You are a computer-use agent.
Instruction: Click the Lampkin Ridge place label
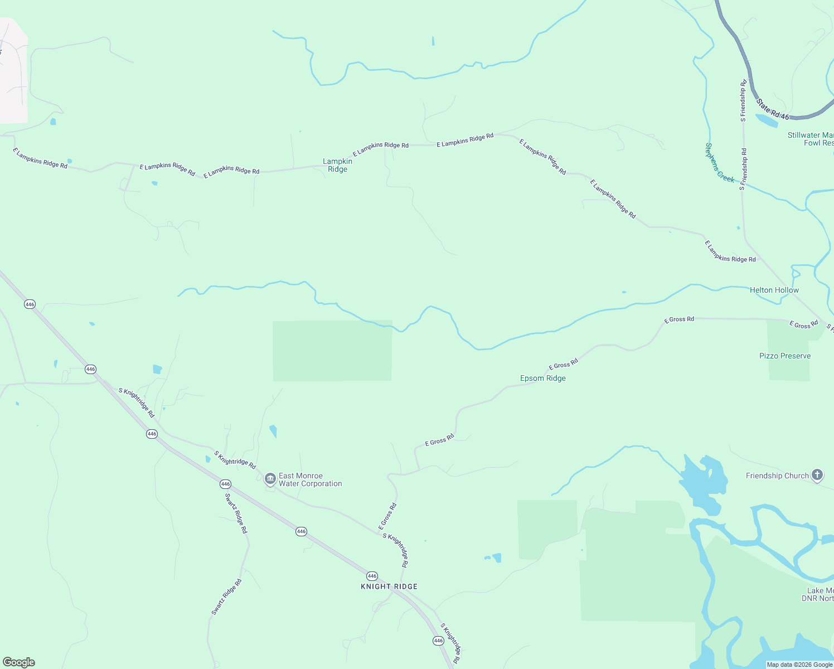coord(337,166)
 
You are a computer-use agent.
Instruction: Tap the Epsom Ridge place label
coord(542,379)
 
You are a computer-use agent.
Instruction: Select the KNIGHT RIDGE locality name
coord(389,586)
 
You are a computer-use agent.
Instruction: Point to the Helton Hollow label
coord(774,290)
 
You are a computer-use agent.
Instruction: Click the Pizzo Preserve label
coord(784,356)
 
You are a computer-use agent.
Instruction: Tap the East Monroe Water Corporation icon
coord(270,479)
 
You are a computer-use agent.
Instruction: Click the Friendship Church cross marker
coord(817,475)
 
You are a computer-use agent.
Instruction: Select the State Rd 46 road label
coord(773,109)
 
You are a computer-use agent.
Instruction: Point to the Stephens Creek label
coord(719,163)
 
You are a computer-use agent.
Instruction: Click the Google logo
coord(19,662)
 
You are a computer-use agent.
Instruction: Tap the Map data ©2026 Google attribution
coord(799,665)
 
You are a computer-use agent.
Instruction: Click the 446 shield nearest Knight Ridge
coord(372,576)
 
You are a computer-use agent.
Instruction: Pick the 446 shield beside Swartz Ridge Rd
coord(225,484)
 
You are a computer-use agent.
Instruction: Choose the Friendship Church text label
coord(777,476)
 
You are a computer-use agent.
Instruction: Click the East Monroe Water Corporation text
coord(310,480)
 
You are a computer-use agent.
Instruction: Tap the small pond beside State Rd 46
coord(767,120)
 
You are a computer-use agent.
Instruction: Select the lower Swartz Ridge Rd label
coord(226,597)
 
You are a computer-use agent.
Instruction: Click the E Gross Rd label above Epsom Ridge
coord(563,364)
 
